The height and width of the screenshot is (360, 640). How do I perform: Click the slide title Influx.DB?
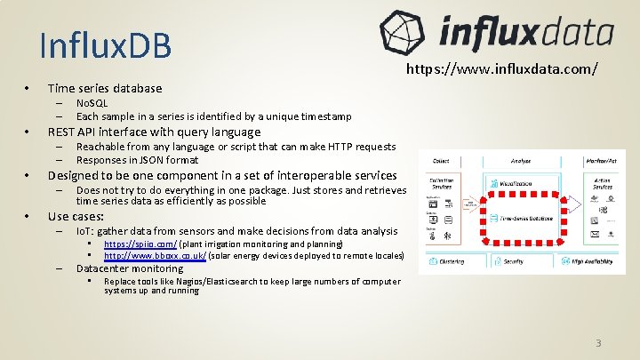coord(106,45)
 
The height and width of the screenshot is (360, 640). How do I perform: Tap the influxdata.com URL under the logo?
coord(502,68)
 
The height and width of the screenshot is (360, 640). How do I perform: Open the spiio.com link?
coord(140,244)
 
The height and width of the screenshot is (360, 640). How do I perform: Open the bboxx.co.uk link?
coord(155,255)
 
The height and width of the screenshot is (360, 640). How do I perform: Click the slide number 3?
coord(599,343)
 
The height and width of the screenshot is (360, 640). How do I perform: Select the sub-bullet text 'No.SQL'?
coord(92,104)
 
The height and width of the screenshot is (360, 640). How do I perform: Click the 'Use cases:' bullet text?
coord(76,216)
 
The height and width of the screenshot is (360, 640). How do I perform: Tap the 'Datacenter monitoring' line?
coord(130,268)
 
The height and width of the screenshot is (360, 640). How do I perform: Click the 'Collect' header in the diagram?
coord(440,161)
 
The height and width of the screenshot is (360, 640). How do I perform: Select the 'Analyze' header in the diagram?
coord(521,161)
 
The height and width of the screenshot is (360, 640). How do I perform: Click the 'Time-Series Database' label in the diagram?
coord(523,217)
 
